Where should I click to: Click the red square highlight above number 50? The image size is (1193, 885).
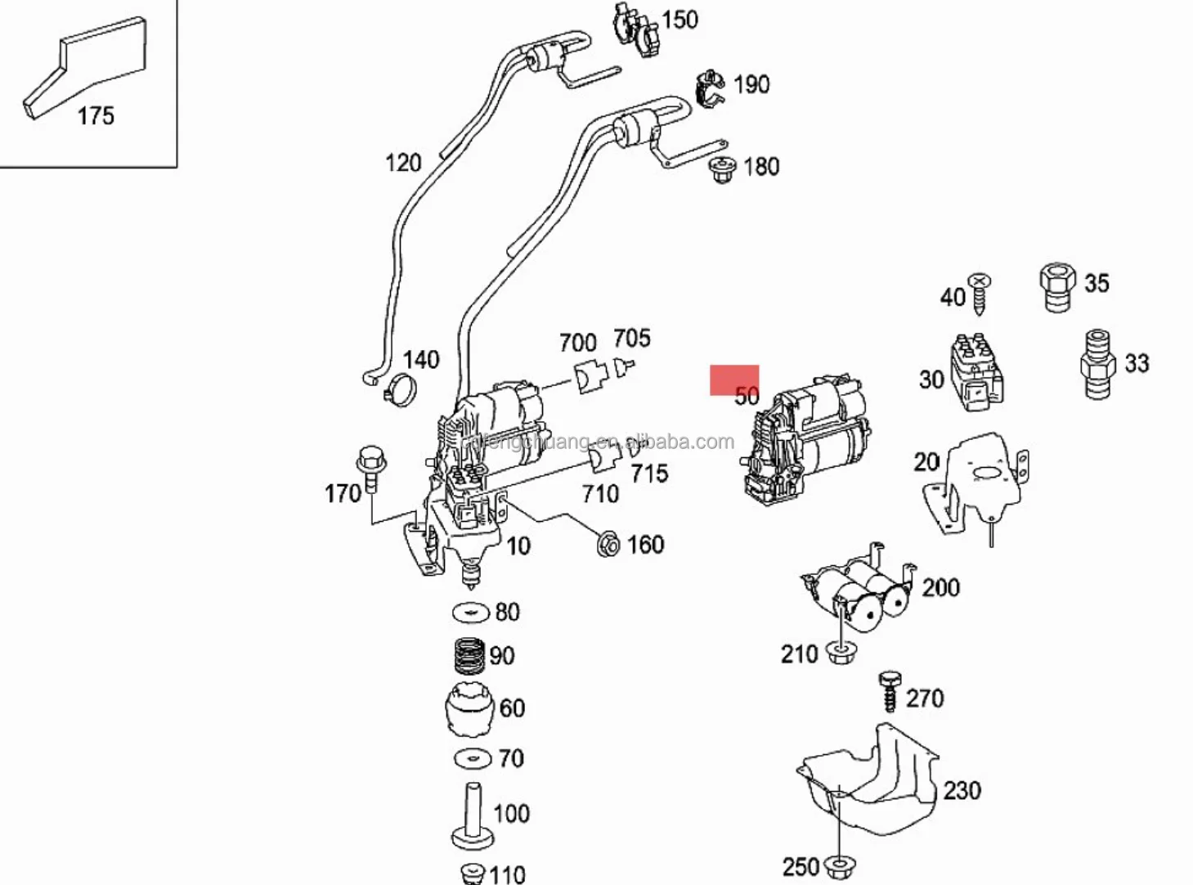click(733, 380)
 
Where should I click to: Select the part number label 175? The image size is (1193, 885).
click(96, 116)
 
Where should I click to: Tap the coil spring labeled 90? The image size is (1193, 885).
click(469, 655)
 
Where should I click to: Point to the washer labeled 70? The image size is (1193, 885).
click(473, 758)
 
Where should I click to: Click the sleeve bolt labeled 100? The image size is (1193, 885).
click(473, 816)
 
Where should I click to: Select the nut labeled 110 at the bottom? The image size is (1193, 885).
click(473, 872)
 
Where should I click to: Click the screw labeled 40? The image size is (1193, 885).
click(980, 293)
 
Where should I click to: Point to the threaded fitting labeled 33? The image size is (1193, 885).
click(1099, 363)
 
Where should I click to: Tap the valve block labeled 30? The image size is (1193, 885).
click(975, 372)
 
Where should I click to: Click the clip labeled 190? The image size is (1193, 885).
click(710, 88)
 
